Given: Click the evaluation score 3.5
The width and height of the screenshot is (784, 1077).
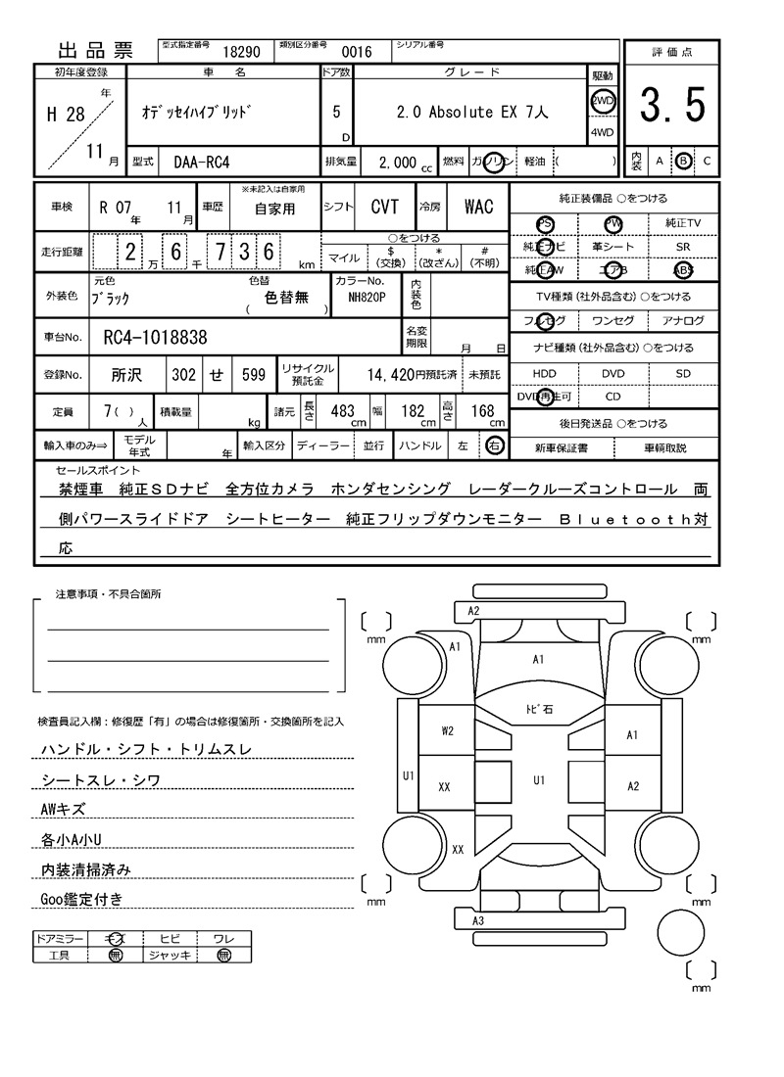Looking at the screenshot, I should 672,106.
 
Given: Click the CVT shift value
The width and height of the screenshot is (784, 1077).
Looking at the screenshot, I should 384,207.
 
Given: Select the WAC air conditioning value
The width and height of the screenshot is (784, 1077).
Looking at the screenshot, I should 478,207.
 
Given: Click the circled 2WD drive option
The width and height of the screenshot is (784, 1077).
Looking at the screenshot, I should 602,101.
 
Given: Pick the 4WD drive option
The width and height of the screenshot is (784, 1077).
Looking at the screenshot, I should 602,132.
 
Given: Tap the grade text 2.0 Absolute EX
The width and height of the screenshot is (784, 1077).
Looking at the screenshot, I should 472,113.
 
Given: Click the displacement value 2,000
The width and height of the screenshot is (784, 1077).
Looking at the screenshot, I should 396,163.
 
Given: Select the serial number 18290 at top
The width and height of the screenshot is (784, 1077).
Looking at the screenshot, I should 241,51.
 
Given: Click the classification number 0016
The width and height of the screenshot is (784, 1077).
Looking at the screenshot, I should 356,52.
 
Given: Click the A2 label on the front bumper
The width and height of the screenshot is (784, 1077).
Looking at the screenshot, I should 473,610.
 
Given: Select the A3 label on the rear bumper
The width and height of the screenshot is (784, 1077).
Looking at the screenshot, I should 478,921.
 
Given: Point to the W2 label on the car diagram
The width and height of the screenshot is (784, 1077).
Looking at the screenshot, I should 447,729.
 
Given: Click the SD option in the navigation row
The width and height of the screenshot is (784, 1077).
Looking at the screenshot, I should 683,373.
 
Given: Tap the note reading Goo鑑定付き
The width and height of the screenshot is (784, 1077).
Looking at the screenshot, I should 81,899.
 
